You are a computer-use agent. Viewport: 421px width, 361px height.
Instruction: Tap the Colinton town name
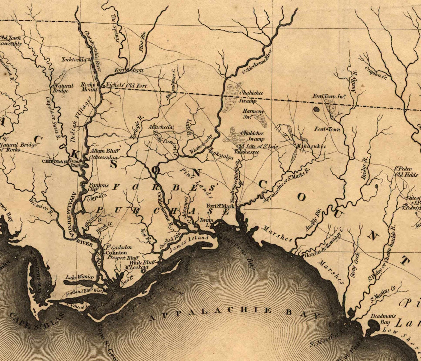116,253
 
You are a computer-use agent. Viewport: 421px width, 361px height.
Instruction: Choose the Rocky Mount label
89,87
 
